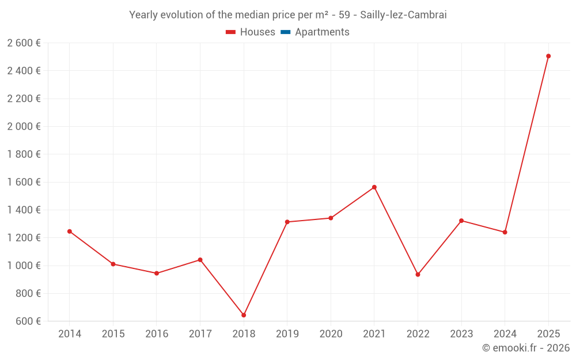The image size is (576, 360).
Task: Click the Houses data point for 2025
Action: pyautogui.click(x=548, y=56)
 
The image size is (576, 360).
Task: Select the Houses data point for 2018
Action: pyautogui.click(x=244, y=315)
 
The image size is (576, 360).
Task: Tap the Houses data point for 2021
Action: pyautogui.click(x=374, y=187)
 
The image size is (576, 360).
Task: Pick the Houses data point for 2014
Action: pyautogui.click(x=70, y=232)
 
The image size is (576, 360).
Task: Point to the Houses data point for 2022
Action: pyautogui.click(x=418, y=274)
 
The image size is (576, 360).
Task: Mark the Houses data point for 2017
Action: pyautogui.click(x=200, y=260)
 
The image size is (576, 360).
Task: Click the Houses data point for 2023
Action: pyautogui.click(x=461, y=221)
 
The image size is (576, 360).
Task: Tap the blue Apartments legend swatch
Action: pyautogui.click(x=285, y=32)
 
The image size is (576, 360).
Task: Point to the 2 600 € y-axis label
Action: pyautogui.click(x=24, y=43)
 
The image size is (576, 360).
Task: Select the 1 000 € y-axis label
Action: pyautogui.click(x=24, y=266)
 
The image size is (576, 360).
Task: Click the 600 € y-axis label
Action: pyautogui.click(x=27, y=321)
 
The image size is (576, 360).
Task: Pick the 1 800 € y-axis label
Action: pyautogui.click(x=24, y=154)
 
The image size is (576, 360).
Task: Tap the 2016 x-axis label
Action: pyautogui.click(x=157, y=334)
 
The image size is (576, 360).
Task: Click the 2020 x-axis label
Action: pyautogui.click(x=331, y=334)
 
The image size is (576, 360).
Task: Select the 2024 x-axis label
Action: pyautogui.click(x=505, y=334)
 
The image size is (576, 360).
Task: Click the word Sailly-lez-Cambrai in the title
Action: pyautogui.click(x=403, y=15)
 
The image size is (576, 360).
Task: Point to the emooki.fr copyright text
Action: pyautogui.click(x=525, y=348)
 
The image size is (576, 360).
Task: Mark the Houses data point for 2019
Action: pyautogui.click(x=287, y=222)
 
